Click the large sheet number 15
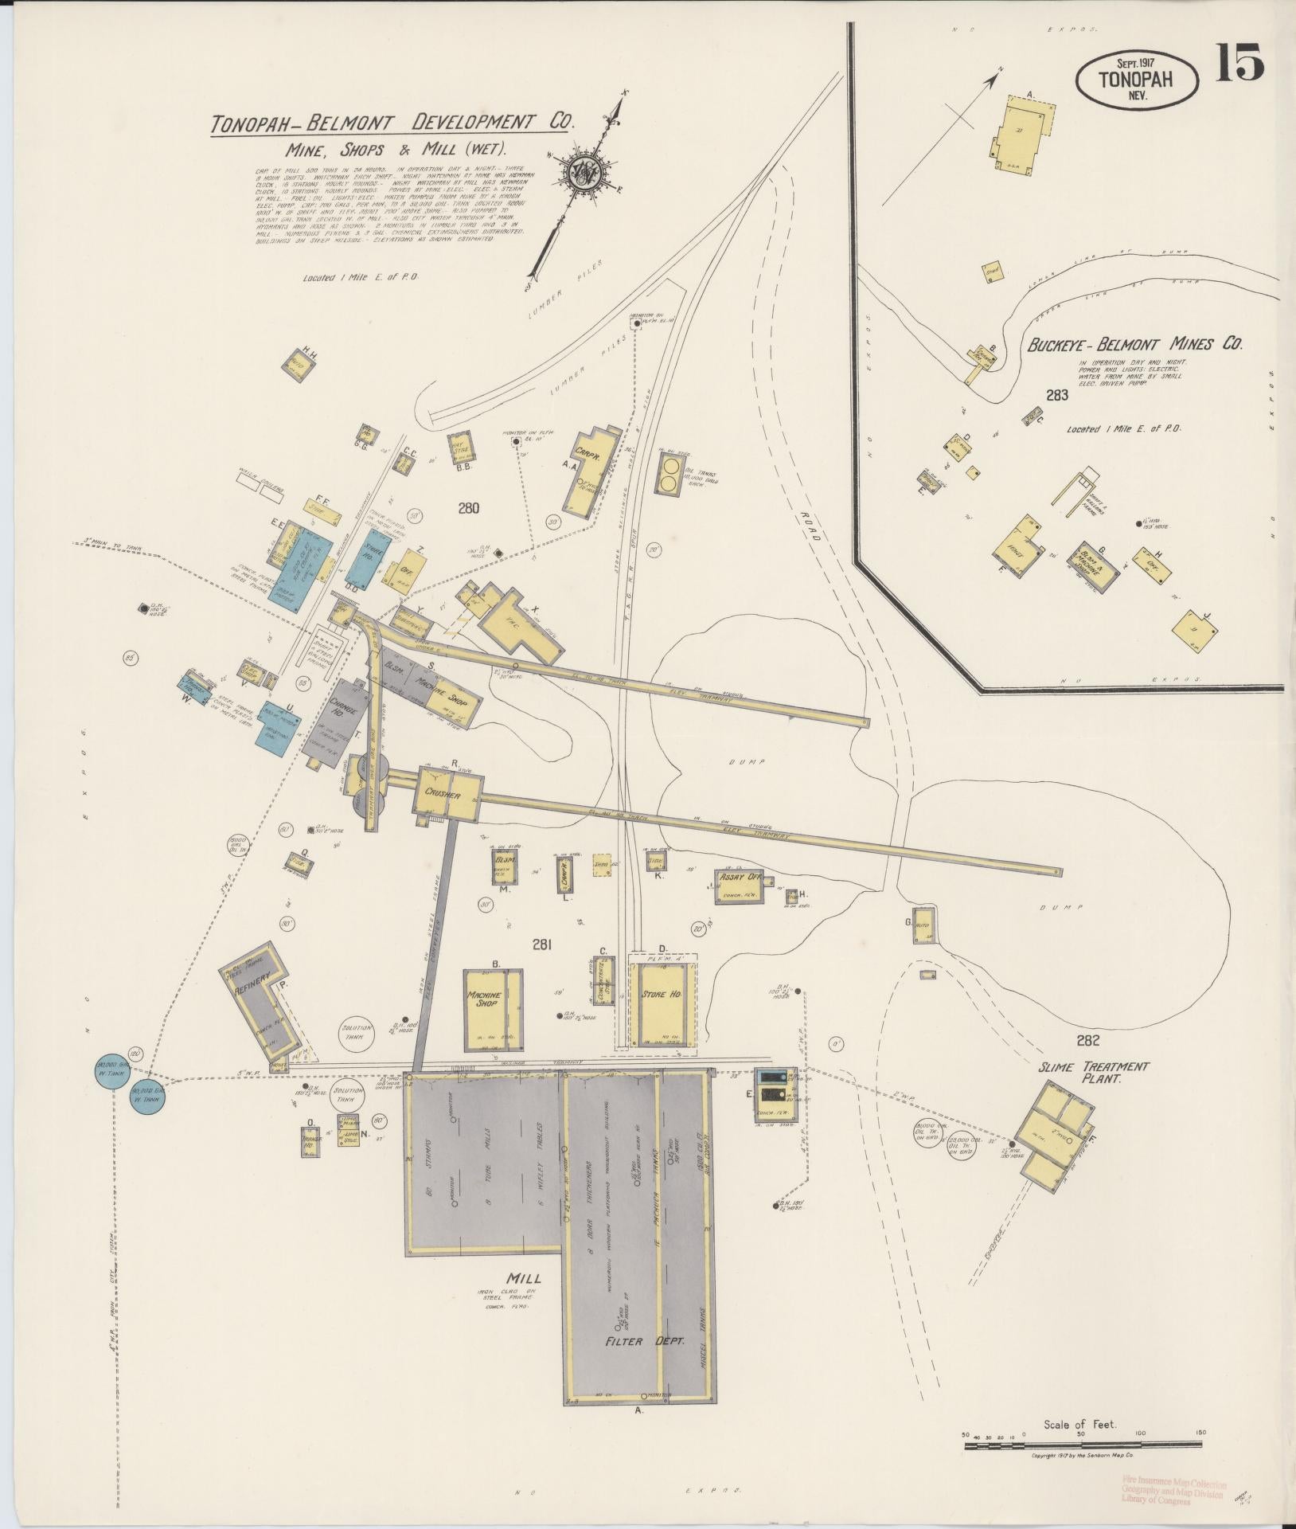click(x=1239, y=65)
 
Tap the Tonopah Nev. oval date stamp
click(x=1136, y=80)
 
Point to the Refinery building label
click(x=254, y=985)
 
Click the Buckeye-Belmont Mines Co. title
click(x=1134, y=344)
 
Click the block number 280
click(x=468, y=506)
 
